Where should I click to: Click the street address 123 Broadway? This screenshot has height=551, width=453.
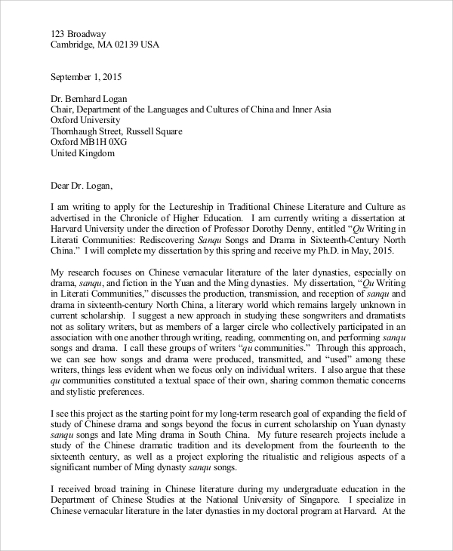click(x=79, y=33)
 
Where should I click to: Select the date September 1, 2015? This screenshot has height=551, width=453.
click(x=85, y=77)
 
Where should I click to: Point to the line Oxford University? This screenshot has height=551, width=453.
click(x=85, y=120)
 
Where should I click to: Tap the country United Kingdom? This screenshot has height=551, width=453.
click(x=82, y=153)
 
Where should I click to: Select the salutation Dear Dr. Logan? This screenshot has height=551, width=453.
click(x=85, y=185)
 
